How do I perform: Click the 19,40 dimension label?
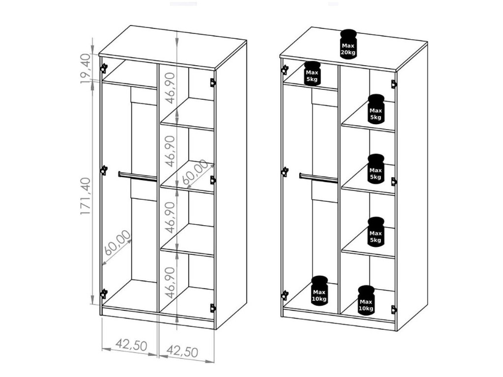(85, 69)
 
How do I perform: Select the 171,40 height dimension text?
(85, 196)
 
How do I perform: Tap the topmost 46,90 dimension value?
(171, 88)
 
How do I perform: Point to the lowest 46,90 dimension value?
(171, 282)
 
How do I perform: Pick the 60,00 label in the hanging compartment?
(118, 242)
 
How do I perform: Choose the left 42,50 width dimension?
(131, 345)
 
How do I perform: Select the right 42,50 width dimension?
(182, 351)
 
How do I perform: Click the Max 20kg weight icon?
(348, 44)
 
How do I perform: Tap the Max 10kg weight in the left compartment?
(319, 290)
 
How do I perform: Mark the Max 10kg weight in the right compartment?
(366, 300)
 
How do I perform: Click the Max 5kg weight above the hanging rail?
(312, 74)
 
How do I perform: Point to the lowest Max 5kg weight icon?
(376, 232)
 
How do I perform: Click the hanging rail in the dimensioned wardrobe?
(138, 177)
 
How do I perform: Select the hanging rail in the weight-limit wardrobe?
(318, 178)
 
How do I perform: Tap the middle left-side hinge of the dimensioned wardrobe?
(104, 170)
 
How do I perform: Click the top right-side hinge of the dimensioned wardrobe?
(213, 82)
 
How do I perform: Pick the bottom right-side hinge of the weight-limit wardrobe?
(394, 310)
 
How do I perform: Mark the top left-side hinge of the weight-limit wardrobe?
(284, 70)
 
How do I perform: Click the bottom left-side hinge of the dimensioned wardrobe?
(104, 294)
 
